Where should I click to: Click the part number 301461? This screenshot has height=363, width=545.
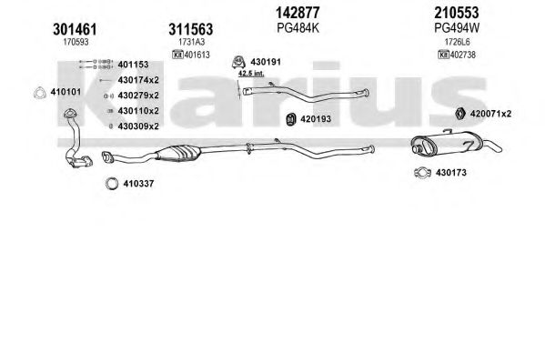(75, 29)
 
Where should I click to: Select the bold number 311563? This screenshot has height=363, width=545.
(190, 29)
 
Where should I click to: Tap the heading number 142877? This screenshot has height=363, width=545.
(298, 13)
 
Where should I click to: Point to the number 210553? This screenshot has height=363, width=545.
(457, 13)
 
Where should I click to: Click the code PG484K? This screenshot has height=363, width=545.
(298, 28)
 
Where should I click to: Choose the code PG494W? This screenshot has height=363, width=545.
(457, 28)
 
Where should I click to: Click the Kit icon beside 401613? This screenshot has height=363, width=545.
(177, 55)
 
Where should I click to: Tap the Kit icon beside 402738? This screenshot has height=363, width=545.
(443, 55)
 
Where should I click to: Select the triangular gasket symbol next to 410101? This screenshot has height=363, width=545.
(40, 93)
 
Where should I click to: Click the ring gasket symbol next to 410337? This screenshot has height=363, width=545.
(112, 183)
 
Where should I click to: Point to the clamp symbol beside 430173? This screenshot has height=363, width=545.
(422, 173)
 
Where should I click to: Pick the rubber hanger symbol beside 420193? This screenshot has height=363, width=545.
(290, 119)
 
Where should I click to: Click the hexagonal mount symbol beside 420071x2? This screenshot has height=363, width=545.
(460, 114)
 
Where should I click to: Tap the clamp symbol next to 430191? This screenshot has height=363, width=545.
(238, 62)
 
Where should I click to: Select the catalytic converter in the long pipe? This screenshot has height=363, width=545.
(178, 153)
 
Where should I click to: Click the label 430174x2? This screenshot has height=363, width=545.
(138, 80)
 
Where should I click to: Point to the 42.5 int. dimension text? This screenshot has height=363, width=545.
(251, 74)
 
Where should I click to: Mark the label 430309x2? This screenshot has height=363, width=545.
(138, 126)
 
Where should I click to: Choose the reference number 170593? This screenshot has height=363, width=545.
(76, 42)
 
